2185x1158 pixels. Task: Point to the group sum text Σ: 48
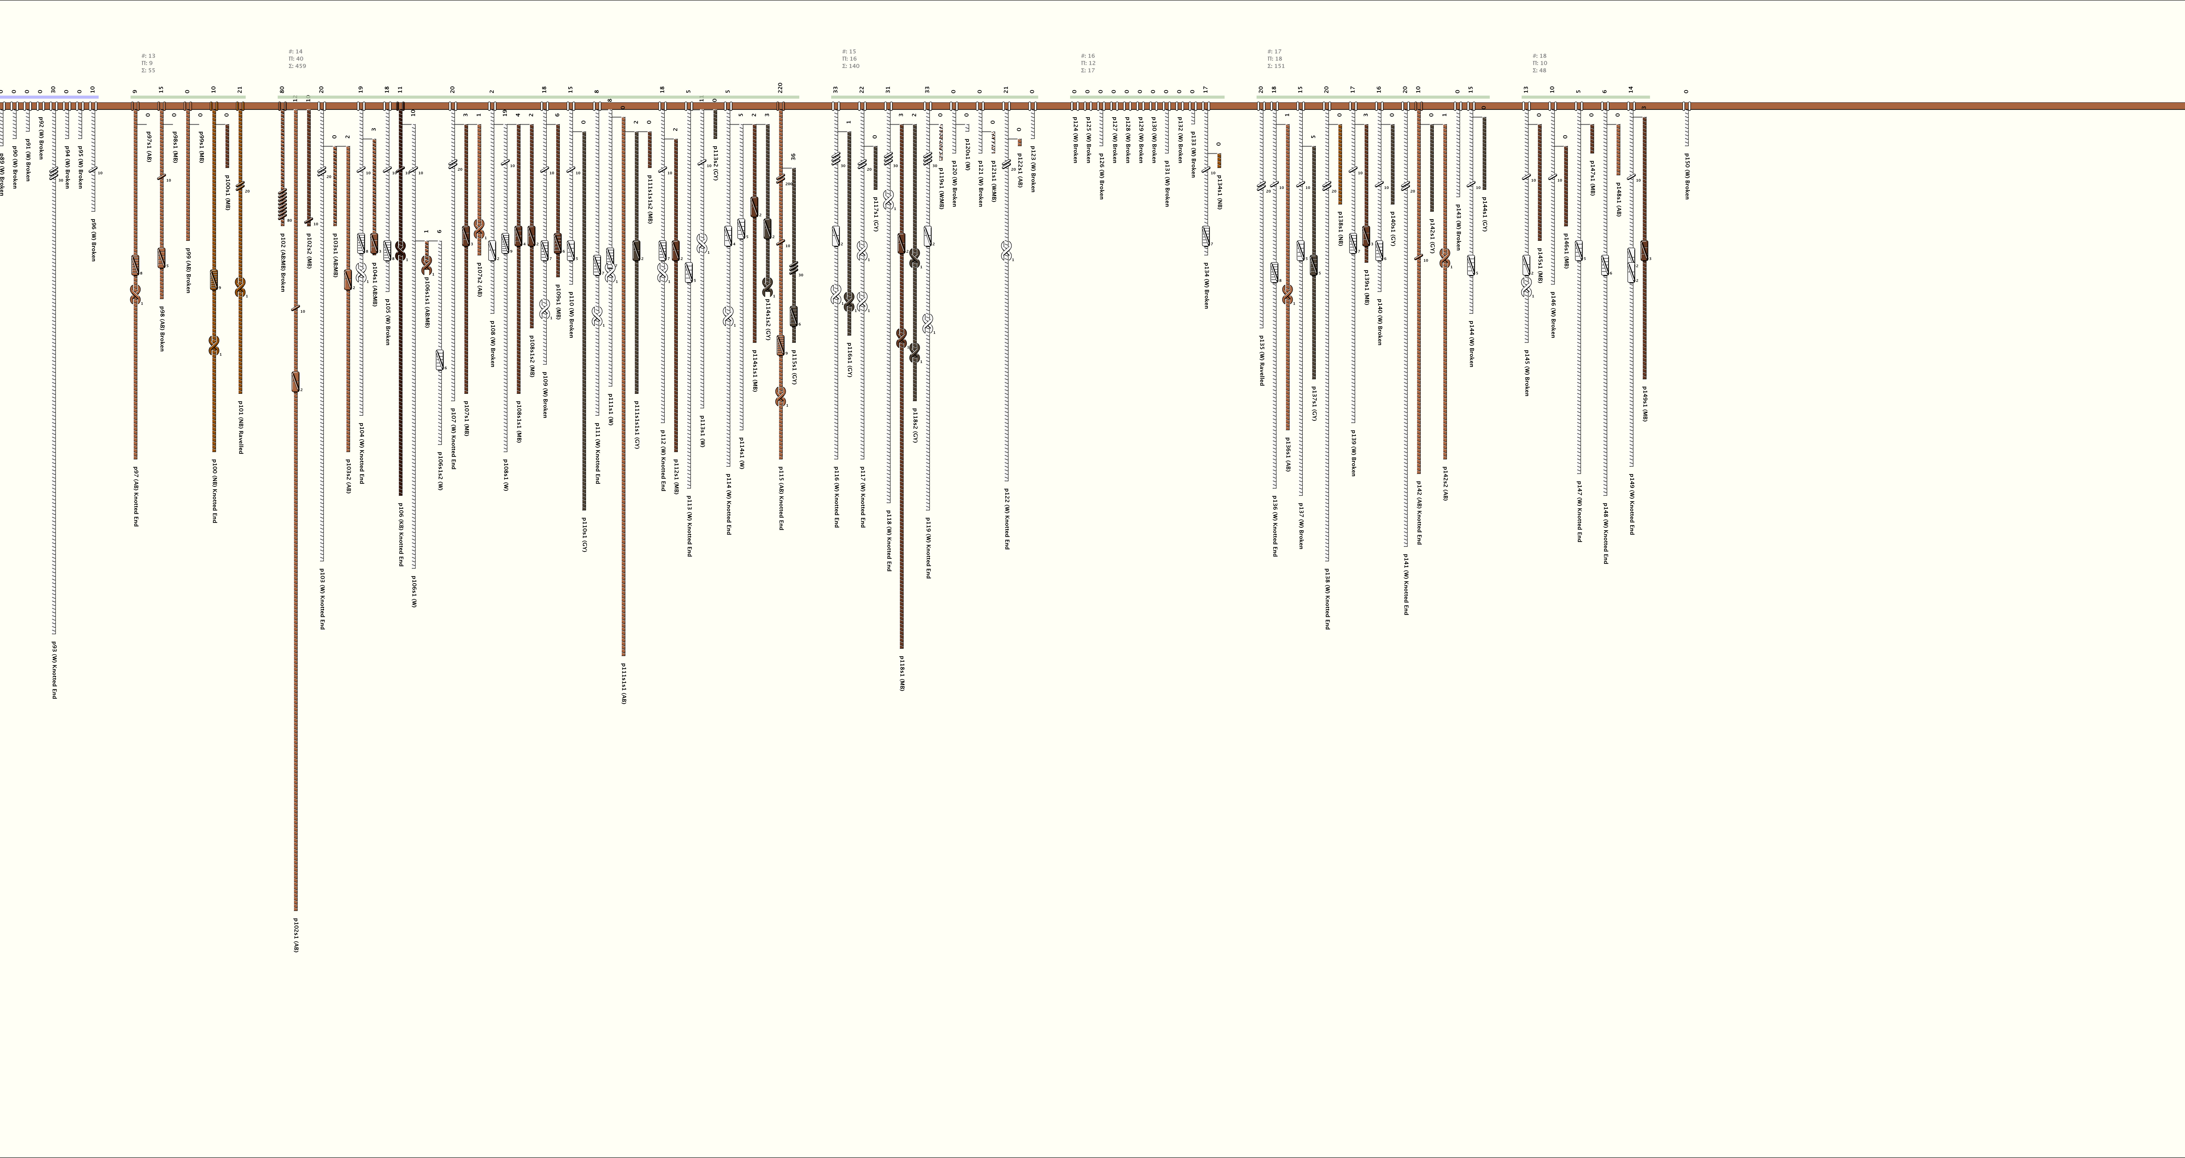(1540, 70)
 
